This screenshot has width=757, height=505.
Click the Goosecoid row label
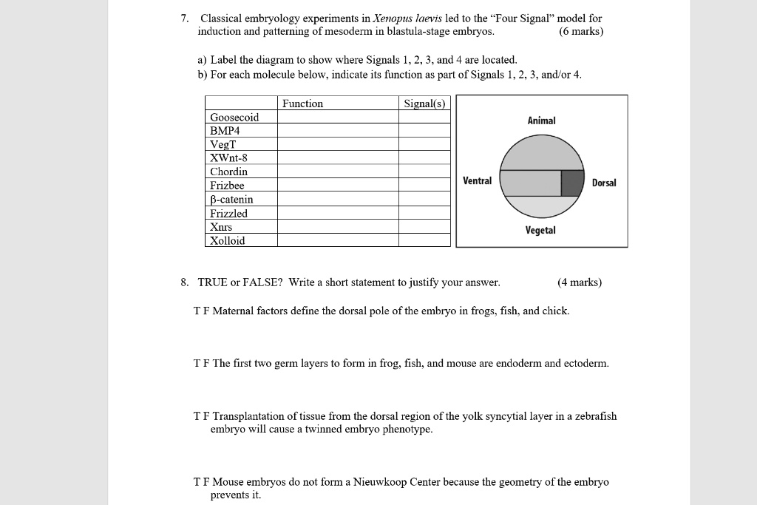click(234, 117)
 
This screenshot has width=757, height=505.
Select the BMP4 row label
click(225, 130)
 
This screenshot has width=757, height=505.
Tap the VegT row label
click(223, 144)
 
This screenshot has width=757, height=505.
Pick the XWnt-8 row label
click(229, 157)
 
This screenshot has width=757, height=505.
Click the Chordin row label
click(228, 172)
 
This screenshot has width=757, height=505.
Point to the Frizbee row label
click(227, 186)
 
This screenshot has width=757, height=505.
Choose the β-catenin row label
click(231, 199)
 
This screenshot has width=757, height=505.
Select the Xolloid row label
click(228, 240)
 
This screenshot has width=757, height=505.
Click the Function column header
click(302, 104)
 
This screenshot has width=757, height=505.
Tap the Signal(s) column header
click(424, 104)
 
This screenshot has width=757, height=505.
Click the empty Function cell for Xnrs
click(338, 227)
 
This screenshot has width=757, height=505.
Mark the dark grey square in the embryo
click(571, 183)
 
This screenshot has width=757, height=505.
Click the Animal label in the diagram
click(541, 121)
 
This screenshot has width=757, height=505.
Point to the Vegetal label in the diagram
click(540, 231)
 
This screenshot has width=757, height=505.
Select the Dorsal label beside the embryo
click(604, 183)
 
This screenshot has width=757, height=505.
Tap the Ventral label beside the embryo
click(477, 180)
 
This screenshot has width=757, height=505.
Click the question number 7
click(185, 18)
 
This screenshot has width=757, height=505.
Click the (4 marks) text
click(580, 282)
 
